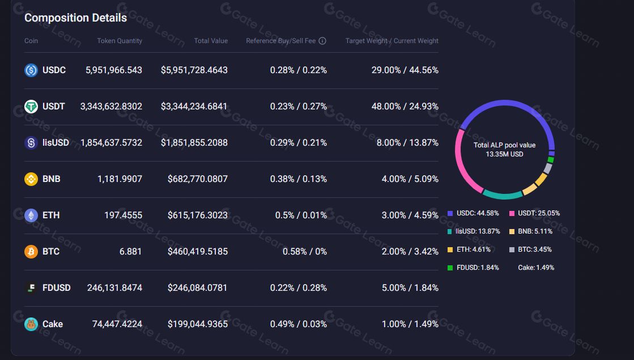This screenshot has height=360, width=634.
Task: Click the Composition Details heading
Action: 75,18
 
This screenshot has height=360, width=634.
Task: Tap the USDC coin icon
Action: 31,70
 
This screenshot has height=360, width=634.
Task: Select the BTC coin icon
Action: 31,252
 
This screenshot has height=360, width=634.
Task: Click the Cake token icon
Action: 31,324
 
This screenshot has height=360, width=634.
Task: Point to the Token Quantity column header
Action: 120,41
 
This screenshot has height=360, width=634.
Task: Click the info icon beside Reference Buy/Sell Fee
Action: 322,41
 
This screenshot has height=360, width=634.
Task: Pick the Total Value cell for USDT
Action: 194,107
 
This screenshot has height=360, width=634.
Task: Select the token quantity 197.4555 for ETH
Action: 123,215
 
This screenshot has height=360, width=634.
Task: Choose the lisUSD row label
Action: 56,143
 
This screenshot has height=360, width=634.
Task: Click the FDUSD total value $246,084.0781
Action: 197,288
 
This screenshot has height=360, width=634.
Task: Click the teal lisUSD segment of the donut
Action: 502,195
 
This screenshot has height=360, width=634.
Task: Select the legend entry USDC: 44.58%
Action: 477,213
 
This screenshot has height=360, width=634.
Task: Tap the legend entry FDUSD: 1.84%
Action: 477,268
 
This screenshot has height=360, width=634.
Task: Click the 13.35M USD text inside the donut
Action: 504,154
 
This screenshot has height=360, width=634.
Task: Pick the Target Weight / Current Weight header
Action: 392,41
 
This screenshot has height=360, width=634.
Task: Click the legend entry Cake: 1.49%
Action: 535,268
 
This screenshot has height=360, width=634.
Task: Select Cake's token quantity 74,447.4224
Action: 117,324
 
